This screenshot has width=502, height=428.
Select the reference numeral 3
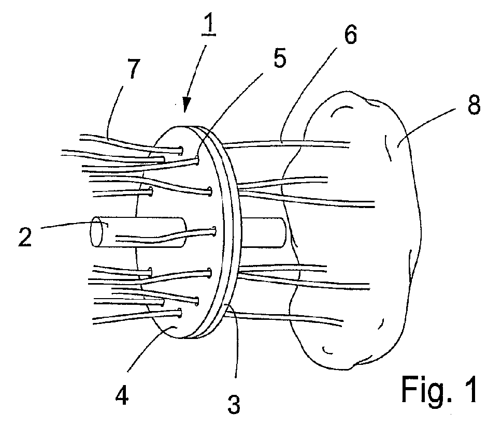pos(234,402)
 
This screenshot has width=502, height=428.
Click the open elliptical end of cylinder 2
pos(97,234)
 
